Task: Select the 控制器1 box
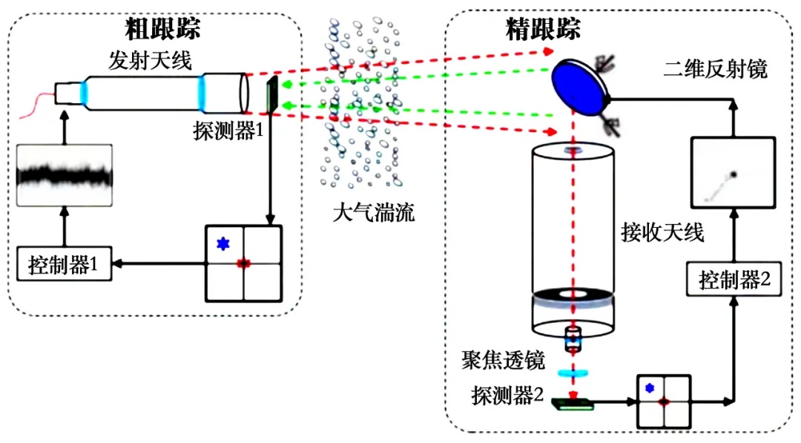coord(65,263)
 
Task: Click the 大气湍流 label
coord(373,214)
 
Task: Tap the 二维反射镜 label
coord(716,70)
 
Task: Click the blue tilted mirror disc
coord(579,86)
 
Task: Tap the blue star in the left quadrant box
coord(221,243)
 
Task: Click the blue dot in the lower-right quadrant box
coord(650,387)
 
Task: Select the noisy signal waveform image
coord(65,176)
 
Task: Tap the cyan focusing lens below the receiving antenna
coord(573,373)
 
